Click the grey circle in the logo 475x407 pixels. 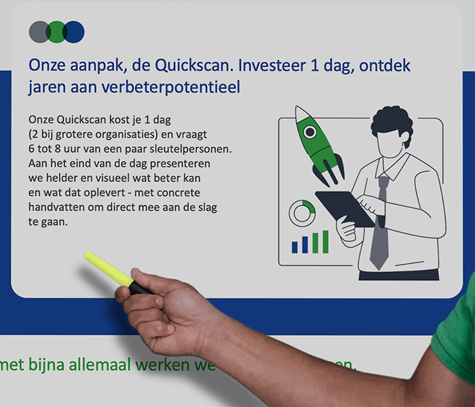pos(39,32)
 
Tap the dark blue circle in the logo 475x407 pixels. pos(75,32)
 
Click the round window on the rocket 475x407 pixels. pos(309,132)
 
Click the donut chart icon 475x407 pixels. pos(302,213)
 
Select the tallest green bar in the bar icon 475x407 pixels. pos(325,241)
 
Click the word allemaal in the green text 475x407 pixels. pos(101,364)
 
